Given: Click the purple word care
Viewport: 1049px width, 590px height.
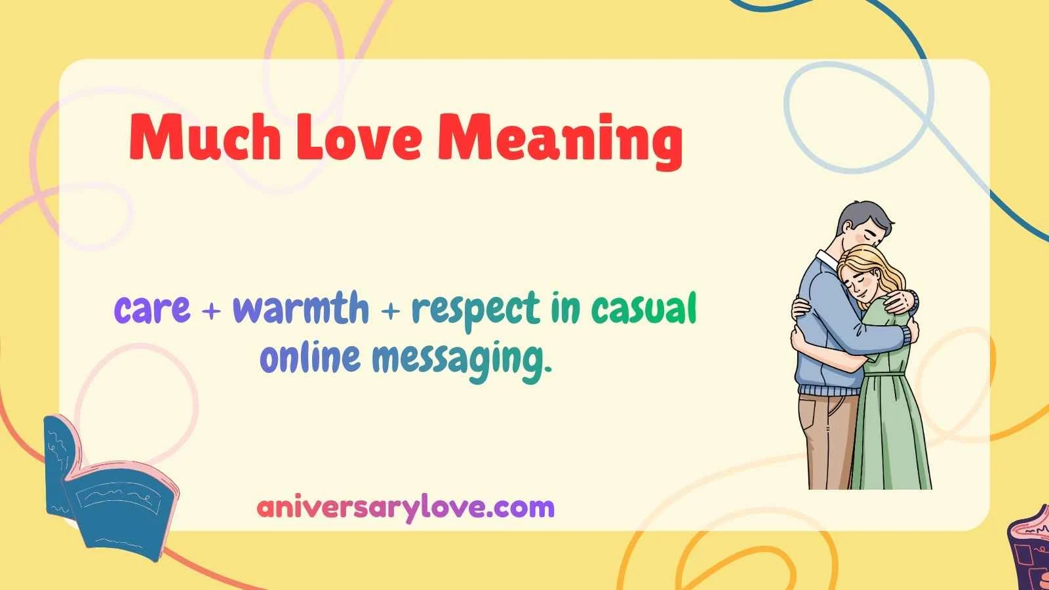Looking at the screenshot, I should (152, 309).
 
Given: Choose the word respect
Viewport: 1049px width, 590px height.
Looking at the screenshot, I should (476, 309).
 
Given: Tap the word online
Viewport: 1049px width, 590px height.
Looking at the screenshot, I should (310, 358).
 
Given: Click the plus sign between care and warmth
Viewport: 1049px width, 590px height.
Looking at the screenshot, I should (211, 311).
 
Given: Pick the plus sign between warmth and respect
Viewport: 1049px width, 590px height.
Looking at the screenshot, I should (390, 311).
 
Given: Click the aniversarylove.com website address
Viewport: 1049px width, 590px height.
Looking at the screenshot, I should (405, 507).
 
